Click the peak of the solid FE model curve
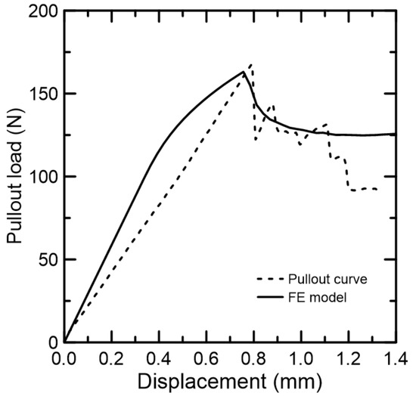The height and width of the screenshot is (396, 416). pos(244,72)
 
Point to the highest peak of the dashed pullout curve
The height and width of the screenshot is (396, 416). pos(250,65)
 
